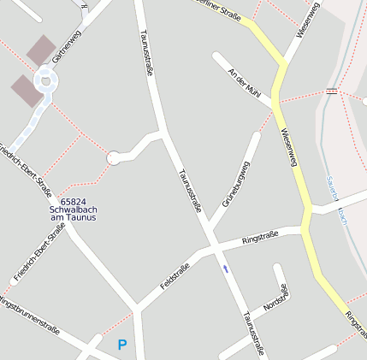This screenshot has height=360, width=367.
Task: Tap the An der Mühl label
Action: (x=244, y=84)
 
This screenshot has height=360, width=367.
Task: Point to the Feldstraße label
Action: (x=175, y=276)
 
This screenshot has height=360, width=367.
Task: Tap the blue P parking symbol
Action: (x=122, y=345)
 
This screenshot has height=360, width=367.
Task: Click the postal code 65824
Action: (x=73, y=201)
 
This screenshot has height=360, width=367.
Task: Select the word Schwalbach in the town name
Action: (x=73, y=210)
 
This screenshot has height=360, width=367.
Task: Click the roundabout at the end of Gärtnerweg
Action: (x=44, y=82)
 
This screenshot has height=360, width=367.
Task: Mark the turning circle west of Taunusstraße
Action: (x=114, y=157)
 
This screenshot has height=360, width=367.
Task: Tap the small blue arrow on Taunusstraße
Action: (x=226, y=269)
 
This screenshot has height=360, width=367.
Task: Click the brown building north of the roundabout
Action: (x=40, y=50)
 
